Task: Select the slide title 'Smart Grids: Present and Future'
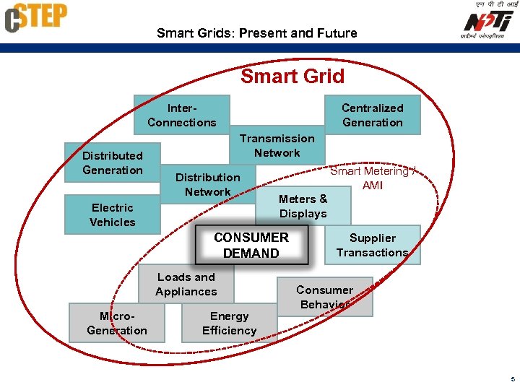point(256,33)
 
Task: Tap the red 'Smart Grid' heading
point(292,77)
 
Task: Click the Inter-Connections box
point(181,115)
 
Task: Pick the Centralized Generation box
point(372,115)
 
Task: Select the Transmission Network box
point(277,145)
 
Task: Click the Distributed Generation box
point(112,162)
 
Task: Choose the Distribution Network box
point(207,184)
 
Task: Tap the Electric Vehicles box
point(112,214)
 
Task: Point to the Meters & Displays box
point(303,206)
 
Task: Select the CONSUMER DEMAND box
point(251,245)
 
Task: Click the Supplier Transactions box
point(373,245)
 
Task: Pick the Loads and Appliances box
point(186,284)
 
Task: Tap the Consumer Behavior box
point(325,297)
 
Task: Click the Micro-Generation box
point(116,323)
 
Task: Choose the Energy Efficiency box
point(229,323)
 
